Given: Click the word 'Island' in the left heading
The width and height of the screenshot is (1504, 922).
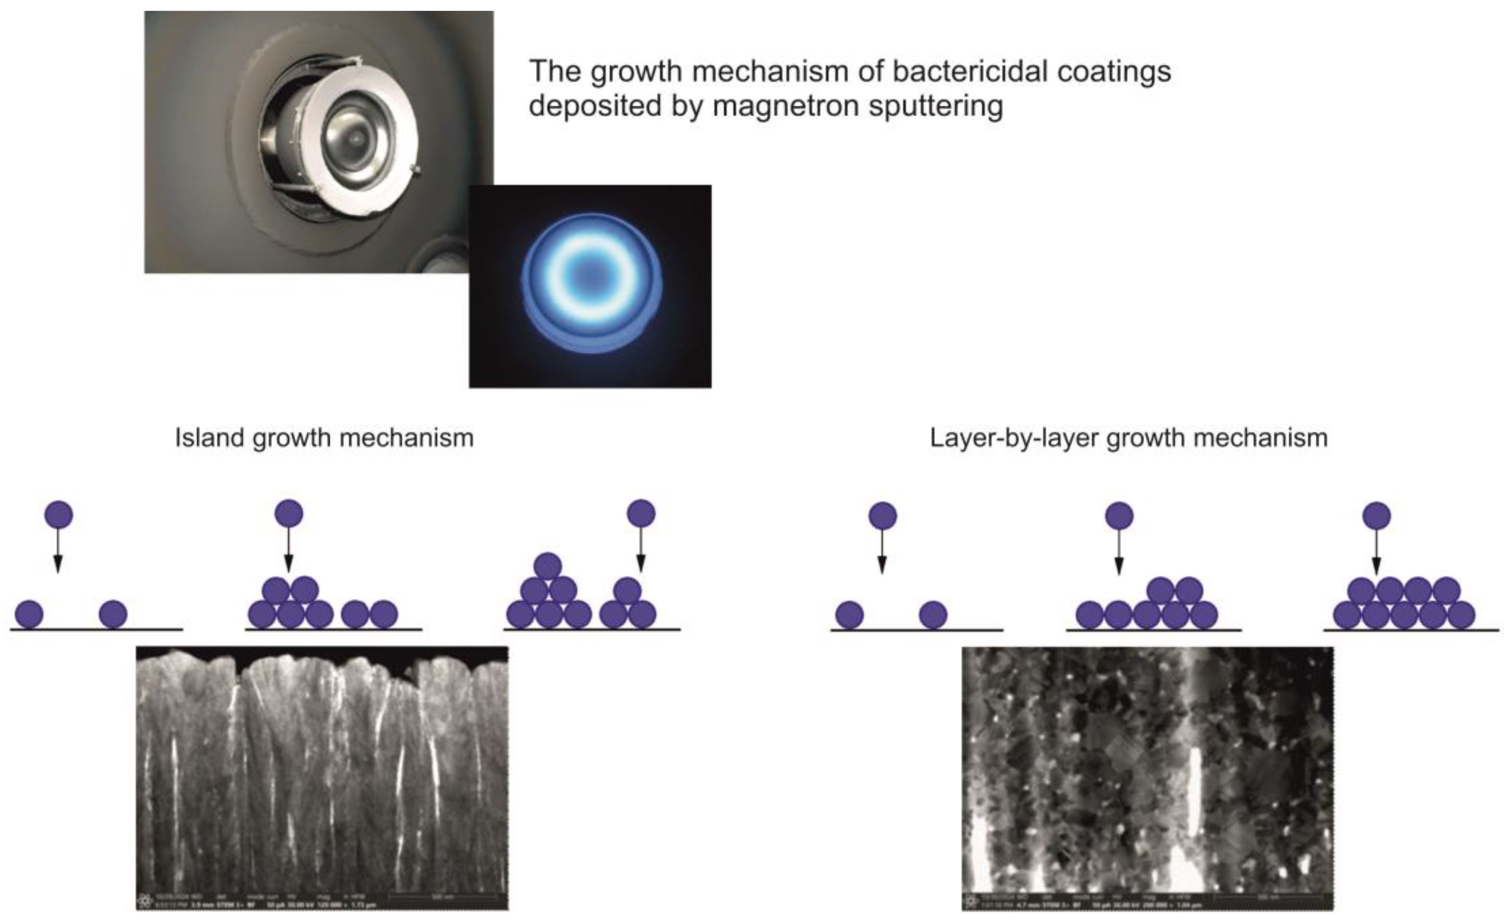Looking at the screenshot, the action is (210, 437).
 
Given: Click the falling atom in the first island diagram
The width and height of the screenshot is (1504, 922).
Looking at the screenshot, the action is (58, 514).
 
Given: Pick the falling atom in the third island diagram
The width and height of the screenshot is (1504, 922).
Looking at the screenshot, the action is (641, 513).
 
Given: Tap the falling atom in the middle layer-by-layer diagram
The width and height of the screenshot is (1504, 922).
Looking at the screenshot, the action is (1119, 516).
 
